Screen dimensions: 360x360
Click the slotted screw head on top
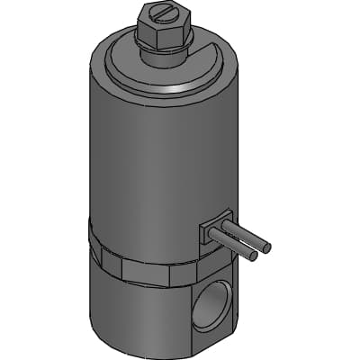click(x=164, y=13)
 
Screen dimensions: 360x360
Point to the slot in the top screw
click(x=165, y=13)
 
